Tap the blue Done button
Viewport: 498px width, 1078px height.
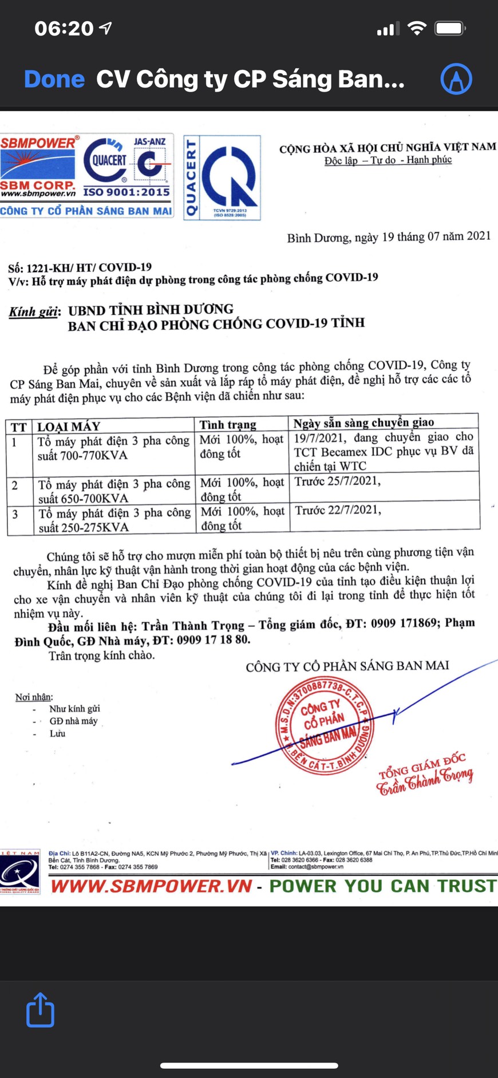(x=54, y=79)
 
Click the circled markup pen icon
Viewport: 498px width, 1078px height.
(x=456, y=78)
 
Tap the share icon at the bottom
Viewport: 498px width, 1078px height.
(x=40, y=1010)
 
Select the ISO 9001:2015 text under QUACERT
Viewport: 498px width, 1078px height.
(x=127, y=192)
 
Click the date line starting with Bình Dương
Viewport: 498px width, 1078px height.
(x=389, y=236)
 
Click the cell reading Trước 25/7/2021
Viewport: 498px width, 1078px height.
(x=337, y=481)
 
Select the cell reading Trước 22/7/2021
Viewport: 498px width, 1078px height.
(x=338, y=510)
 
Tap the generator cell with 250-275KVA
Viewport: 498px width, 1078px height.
(x=113, y=520)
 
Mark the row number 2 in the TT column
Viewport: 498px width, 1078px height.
(x=15, y=485)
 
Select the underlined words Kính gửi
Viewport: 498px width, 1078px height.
(x=33, y=312)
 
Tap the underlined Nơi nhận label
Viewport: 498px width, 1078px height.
(x=34, y=697)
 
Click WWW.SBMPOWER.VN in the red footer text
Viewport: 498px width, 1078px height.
(x=151, y=886)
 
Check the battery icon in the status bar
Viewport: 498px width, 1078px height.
(x=450, y=28)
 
